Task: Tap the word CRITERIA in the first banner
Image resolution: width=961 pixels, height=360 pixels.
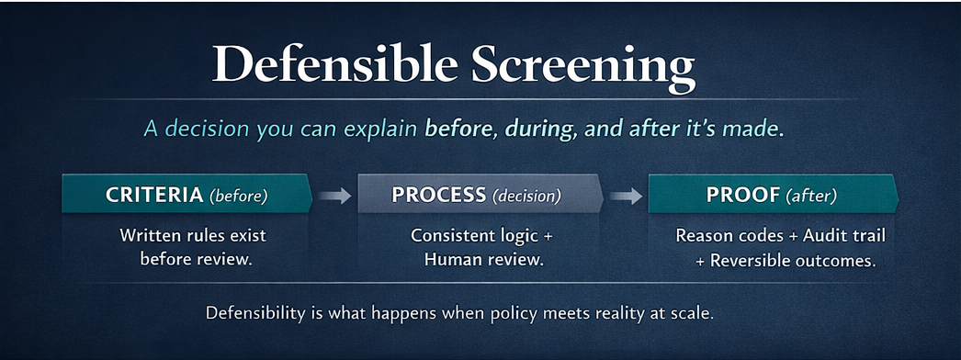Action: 154,195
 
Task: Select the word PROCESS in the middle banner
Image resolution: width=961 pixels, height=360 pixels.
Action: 439,195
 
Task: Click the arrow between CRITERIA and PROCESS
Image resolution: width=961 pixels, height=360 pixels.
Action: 334,195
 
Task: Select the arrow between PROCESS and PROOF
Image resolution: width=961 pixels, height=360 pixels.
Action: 626,195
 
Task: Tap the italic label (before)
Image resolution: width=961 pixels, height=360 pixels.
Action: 238,196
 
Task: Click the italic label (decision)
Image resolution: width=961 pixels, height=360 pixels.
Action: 526,196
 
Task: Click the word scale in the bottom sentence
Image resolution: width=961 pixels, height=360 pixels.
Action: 692,313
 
